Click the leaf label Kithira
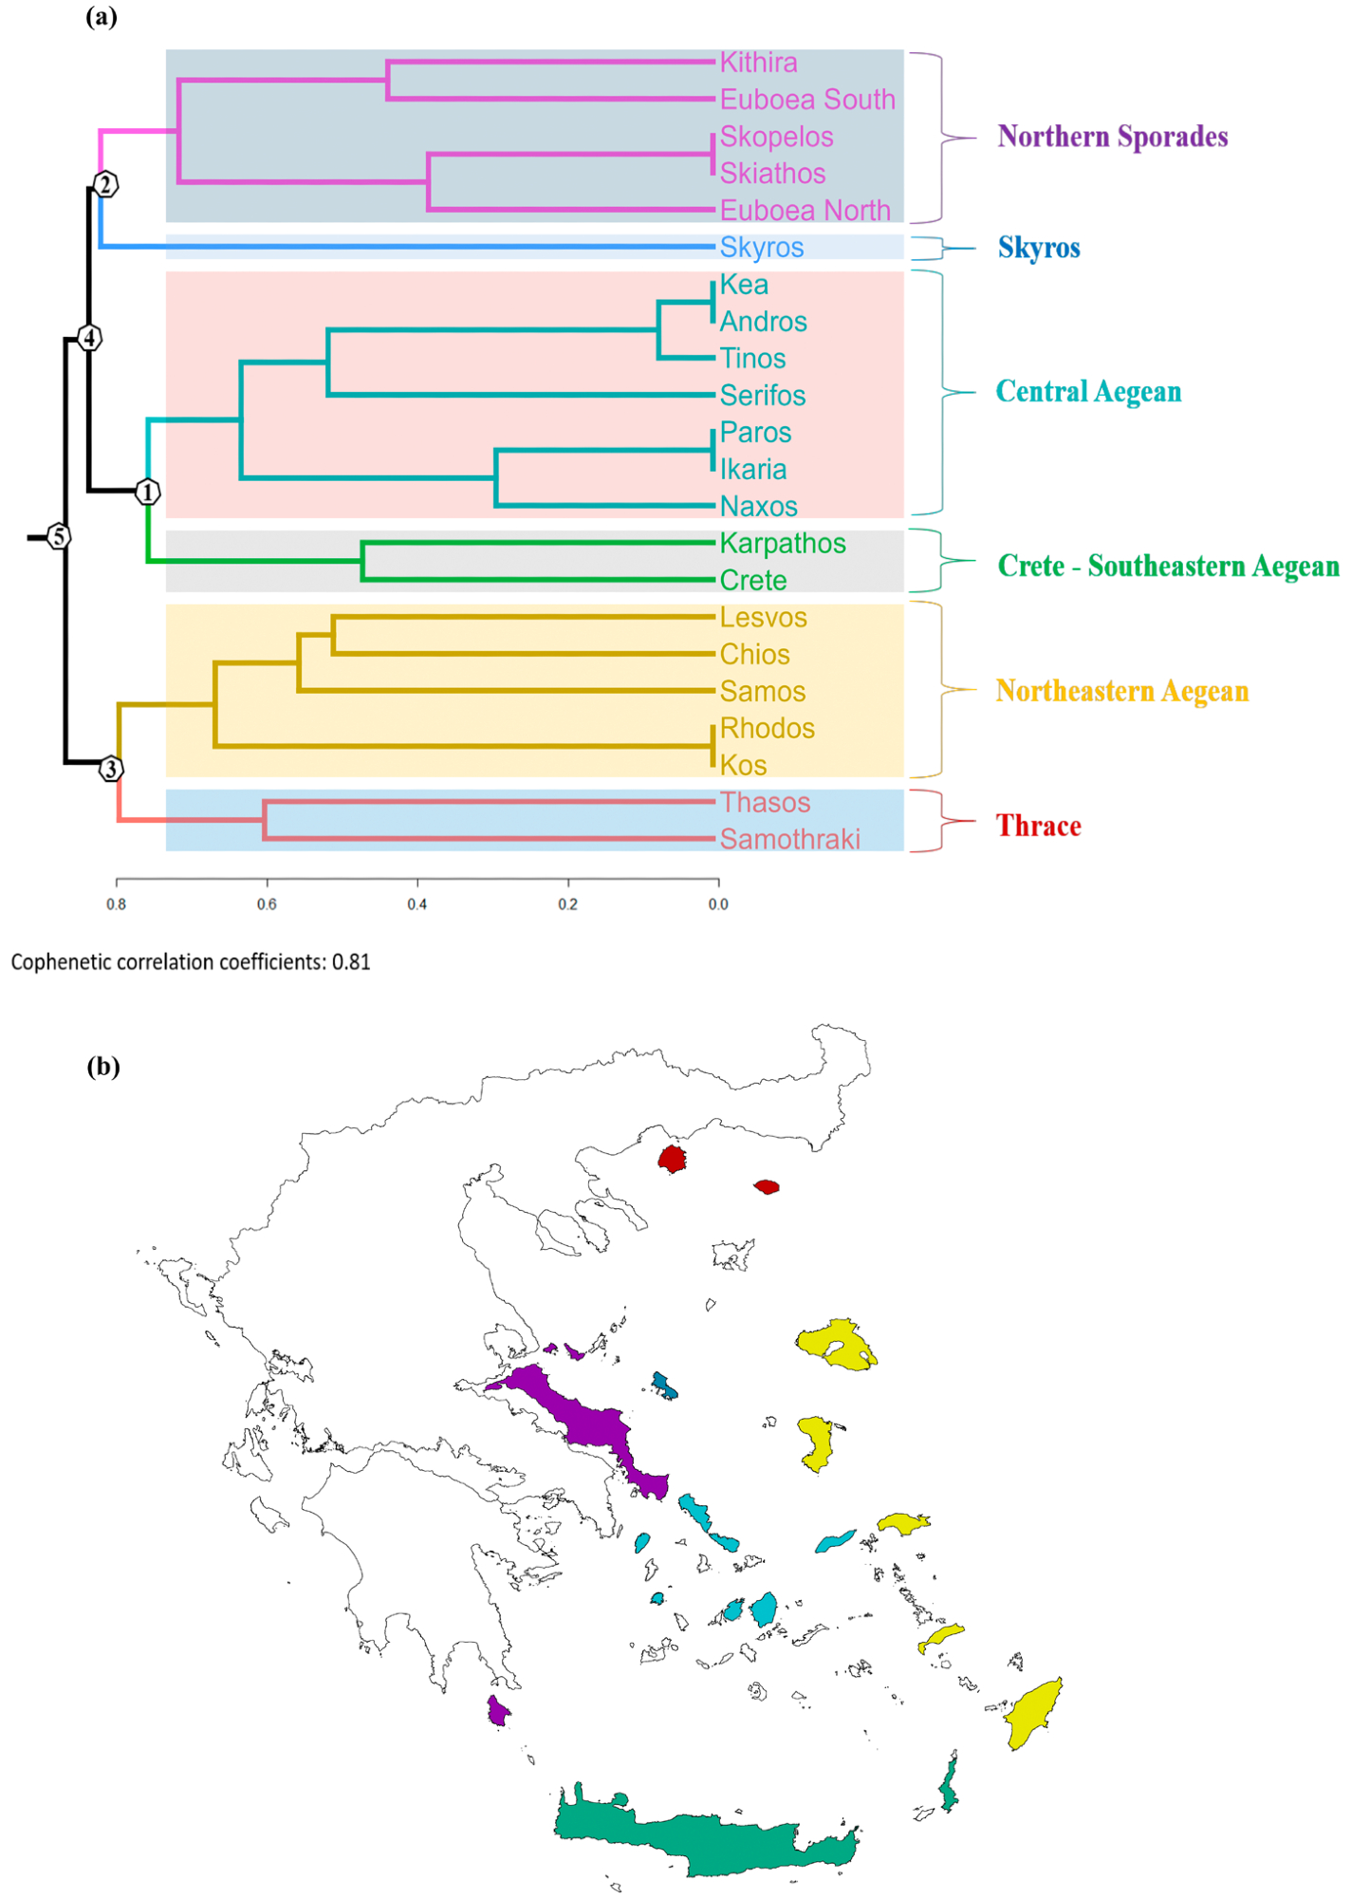(758, 63)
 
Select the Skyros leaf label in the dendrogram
(762, 248)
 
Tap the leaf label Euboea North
(805, 211)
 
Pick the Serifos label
(763, 396)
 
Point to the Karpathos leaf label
(783, 544)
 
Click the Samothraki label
(789, 840)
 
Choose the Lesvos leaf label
(763, 618)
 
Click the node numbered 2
(106, 184)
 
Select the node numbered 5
(59, 537)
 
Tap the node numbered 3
(112, 769)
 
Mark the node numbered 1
(147, 492)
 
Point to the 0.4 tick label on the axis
(417, 904)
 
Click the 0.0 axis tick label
(718, 904)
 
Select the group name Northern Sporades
(1112, 137)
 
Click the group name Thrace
(1038, 827)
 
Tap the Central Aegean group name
(1088, 392)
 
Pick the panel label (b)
(103, 1067)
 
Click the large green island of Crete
(702, 1842)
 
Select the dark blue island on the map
(664, 1385)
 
